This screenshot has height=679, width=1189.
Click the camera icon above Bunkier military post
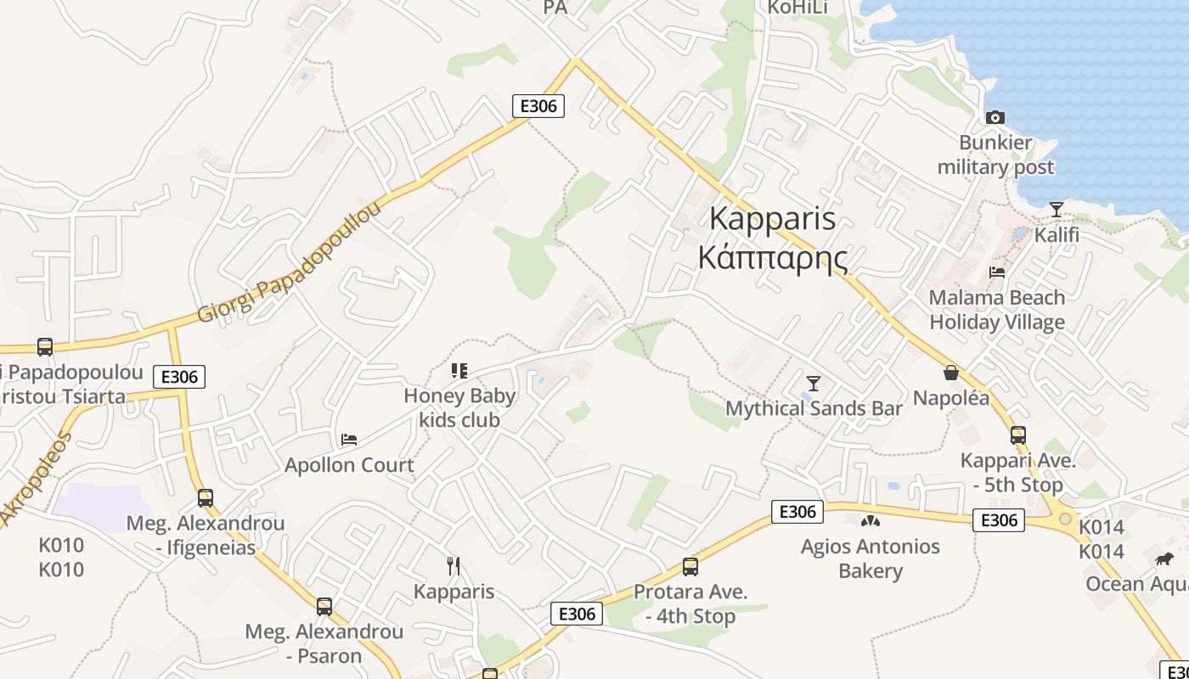[995, 117]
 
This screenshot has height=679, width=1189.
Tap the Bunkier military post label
[995, 154]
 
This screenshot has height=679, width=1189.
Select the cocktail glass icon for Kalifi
[1057, 209]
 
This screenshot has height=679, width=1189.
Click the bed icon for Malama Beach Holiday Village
[997, 272]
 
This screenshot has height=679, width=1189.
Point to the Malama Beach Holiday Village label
[997, 310]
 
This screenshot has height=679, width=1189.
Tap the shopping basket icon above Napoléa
[951, 373]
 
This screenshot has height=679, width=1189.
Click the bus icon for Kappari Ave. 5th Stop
[1018, 435]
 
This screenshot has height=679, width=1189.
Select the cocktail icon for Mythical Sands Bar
[814, 383]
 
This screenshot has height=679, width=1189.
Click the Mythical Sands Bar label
[814, 408]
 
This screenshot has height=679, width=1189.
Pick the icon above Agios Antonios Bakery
[870, 520]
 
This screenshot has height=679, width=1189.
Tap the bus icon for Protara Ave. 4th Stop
[690, 566]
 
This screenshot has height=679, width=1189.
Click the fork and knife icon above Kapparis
[454, 565]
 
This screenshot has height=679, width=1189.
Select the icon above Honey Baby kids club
[459, 370]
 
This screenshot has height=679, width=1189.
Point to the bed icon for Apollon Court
[348, 439]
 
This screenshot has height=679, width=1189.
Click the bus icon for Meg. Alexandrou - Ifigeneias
[206, 497]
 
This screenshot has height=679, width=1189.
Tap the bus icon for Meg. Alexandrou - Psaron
[324, 606]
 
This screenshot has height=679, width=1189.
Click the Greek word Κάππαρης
[772, 256]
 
